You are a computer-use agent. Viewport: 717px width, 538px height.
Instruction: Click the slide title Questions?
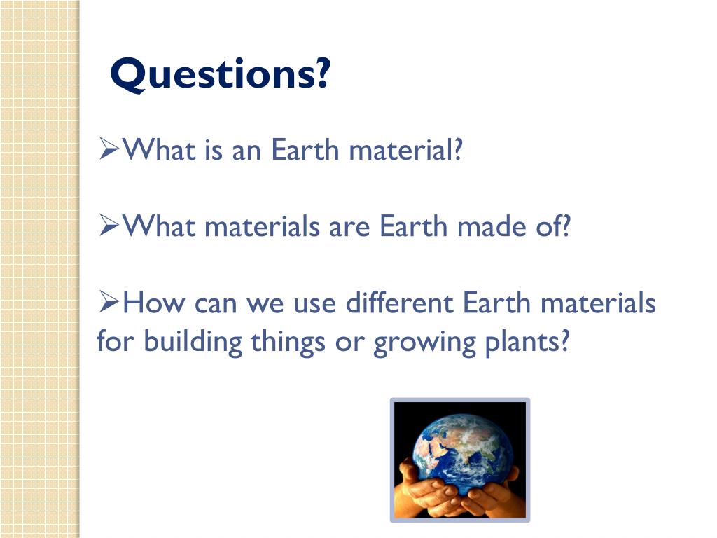click(219, 76)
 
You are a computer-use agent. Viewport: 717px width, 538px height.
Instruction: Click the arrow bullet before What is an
click(109, 149)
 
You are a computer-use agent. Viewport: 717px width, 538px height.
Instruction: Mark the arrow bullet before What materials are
click(109, 226)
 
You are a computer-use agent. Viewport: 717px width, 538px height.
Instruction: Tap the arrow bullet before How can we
click(109, 303)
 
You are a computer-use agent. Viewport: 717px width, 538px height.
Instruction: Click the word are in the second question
click(349, 227)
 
